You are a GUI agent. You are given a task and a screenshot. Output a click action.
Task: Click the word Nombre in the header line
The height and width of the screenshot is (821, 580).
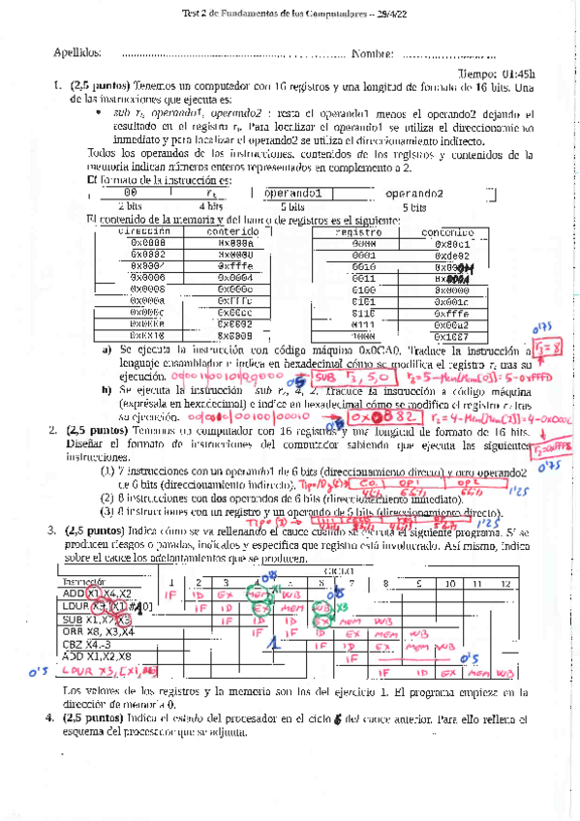coord(373,53)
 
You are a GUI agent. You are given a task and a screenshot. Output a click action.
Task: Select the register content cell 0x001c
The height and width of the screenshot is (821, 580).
coord(452,300)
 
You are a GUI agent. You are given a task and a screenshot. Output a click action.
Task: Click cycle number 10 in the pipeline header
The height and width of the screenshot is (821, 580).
coord(449,584)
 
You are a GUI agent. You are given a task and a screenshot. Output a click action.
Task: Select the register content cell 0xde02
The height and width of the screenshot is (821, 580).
coord(452,255)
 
